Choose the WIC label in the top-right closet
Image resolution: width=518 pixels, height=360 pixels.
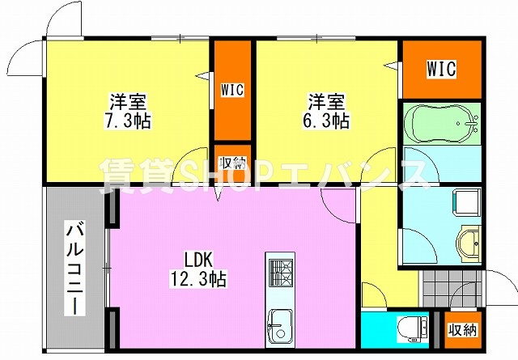[x=441, y=70]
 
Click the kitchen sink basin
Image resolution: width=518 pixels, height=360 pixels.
[x=281, y=324]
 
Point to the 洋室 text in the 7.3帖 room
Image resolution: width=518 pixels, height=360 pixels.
[x=127, y=103]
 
